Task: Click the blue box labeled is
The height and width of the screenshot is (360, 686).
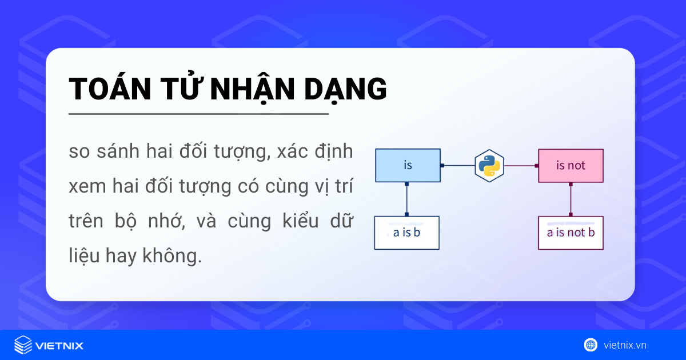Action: click(x=408, y=166)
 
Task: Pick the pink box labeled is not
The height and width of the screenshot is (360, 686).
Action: click(x=571, y=166)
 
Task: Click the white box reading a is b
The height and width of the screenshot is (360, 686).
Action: click(x=406, y=233)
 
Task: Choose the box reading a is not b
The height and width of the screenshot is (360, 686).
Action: click(x=571, y=233)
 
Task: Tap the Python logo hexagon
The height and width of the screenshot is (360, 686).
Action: click(x=489, y=166)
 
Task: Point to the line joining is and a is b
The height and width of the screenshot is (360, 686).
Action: click(x=406, y=199)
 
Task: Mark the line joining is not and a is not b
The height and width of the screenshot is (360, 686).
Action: click(x=571, y=199)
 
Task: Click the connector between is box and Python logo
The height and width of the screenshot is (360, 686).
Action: click(x=458, y=166)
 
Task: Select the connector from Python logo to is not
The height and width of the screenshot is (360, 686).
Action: click(x=521, y=166)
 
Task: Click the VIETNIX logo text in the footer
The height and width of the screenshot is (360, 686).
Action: click(x=59, y=345)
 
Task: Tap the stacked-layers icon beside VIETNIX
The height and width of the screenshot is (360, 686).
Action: click(x=23, y=345)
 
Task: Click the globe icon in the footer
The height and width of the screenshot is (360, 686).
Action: click(x=591, y=345)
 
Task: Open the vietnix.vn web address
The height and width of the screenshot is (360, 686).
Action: click(x=625, y=345)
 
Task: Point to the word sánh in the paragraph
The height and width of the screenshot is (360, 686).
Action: click(x=119, y=153)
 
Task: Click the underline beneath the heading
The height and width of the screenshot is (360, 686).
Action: click(x=198, y=114)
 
